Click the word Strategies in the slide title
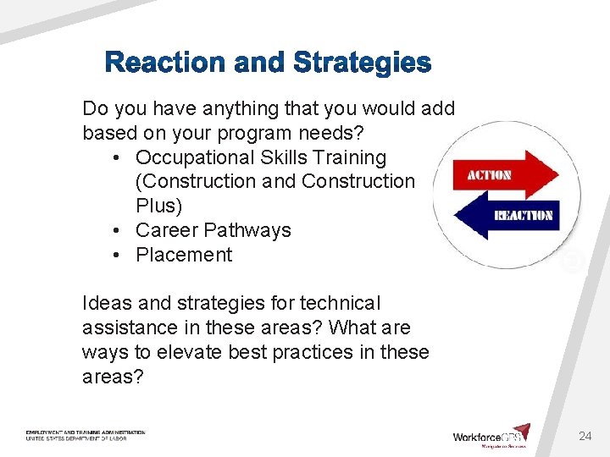point(362,63)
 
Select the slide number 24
point(585,436)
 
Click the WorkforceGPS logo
point(491,435)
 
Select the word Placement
point(184,255)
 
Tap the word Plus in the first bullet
point(155,206)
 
